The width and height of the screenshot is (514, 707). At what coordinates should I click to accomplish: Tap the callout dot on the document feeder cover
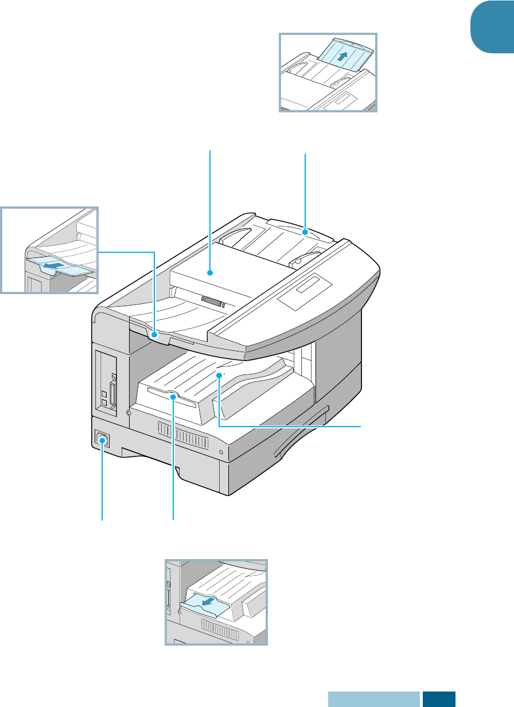point(211,273)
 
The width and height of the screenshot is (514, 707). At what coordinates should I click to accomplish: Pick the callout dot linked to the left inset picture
point(154,331)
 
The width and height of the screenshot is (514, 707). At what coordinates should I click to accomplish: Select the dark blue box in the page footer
point(439,700)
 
